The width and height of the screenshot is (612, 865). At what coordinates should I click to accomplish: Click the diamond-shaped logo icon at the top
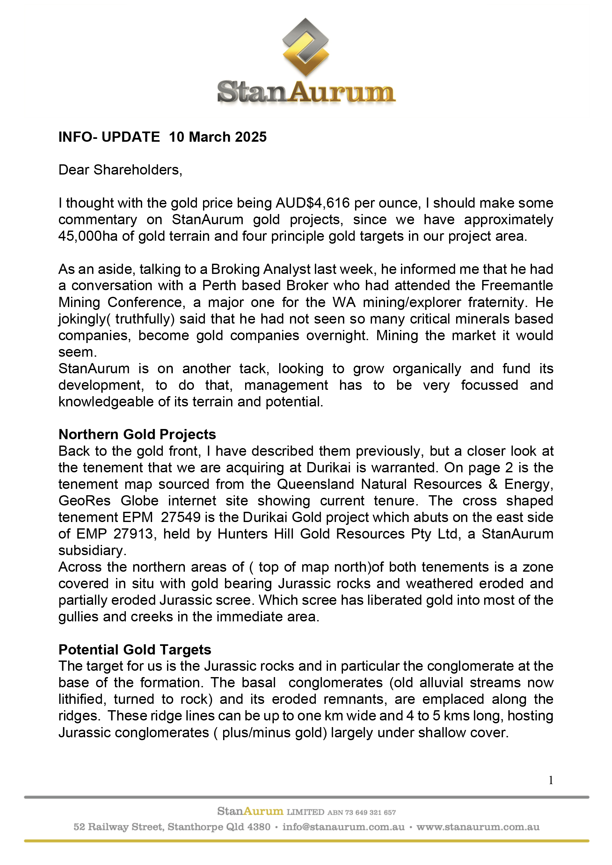pos(305,47)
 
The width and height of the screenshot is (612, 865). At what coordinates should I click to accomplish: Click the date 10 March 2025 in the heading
pos(218,137)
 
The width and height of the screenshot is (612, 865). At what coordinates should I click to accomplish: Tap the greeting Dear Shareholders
pos(120,170)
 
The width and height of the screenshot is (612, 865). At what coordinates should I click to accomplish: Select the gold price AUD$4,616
pos(313,203)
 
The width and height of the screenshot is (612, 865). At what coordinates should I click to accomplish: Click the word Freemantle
pos(517,286)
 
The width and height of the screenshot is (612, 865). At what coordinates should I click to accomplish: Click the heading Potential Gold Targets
pos(135,649)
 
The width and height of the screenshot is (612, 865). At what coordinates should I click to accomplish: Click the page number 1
pos(551,781)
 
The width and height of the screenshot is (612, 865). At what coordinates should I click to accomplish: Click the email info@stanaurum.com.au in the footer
pos(343,827)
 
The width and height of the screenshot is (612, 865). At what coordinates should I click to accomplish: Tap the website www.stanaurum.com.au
pos(478,827)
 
